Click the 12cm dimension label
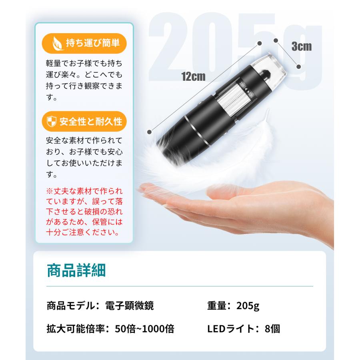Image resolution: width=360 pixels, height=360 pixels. click(x=193, y=76)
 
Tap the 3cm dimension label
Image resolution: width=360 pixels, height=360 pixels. click(x=301, y=46)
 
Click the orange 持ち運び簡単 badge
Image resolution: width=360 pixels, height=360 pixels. click(x=82, y=42)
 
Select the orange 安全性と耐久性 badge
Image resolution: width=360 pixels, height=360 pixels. click(x=82, y=121)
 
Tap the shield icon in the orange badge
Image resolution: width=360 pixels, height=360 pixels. click(x=52, y=121)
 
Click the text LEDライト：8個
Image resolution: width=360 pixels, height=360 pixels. click(x=244, y=329)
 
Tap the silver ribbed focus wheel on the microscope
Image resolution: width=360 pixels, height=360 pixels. click(x=232, y=102)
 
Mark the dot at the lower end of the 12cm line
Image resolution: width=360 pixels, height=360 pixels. click(x=150, y=131)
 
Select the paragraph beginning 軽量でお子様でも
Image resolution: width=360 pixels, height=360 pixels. click(x=84, y=80)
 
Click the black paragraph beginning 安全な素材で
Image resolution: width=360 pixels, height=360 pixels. click(x=84, y=158)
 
